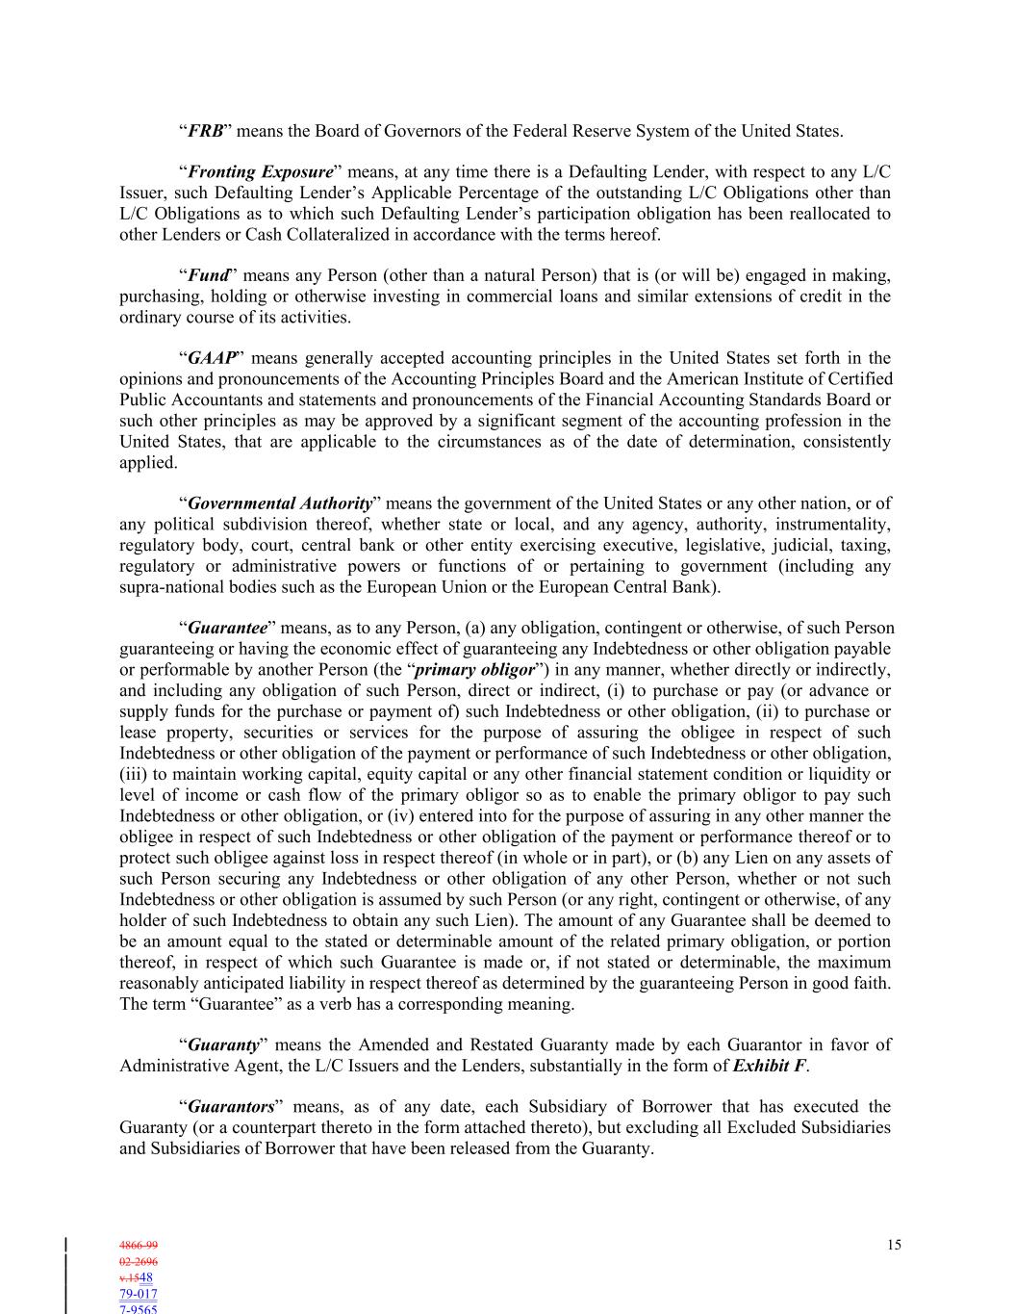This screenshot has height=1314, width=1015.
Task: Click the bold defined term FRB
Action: [205, 131]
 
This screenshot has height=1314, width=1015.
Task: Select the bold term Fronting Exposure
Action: [260, 172]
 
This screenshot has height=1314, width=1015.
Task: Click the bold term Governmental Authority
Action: [280, 503]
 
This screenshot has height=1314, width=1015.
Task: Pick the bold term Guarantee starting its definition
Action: [227, 629]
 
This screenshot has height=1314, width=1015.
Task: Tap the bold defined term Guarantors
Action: [231, 1107]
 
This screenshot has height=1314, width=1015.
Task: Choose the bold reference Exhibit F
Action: [770, 1066]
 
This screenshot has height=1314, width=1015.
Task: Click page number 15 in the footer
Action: [894, 1246]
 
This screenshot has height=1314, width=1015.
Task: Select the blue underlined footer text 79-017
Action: [139, 1295]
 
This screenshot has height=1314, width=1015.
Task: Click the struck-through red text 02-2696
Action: [139, 1262]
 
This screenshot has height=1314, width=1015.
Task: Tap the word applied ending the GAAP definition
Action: [148, 463]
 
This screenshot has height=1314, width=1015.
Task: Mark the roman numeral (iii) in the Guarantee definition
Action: [134, 775]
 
